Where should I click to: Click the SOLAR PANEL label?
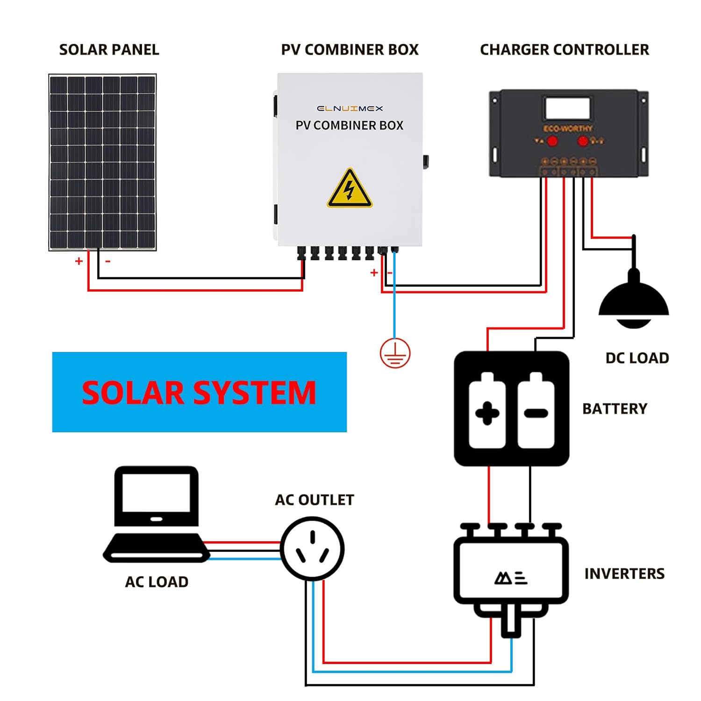[x=109, y=50]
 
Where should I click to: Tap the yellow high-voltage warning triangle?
[x=349, y=189]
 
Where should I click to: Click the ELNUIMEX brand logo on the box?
[x=350, y=108]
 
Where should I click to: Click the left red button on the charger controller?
[x=552, y=141]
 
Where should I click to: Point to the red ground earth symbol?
[x=395, y=353]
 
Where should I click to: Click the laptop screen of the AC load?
[x=156, y=493]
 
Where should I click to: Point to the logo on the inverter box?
[x=511, y=579]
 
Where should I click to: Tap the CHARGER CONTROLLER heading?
[x=564, y=50]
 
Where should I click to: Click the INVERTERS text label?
[x=624, y=573]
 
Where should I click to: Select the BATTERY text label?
[x=615, y=408]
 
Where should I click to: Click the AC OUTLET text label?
[x=314, y=500]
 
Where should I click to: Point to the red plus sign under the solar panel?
[x=79, y=261]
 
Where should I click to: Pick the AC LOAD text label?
[x=157, y=582]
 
